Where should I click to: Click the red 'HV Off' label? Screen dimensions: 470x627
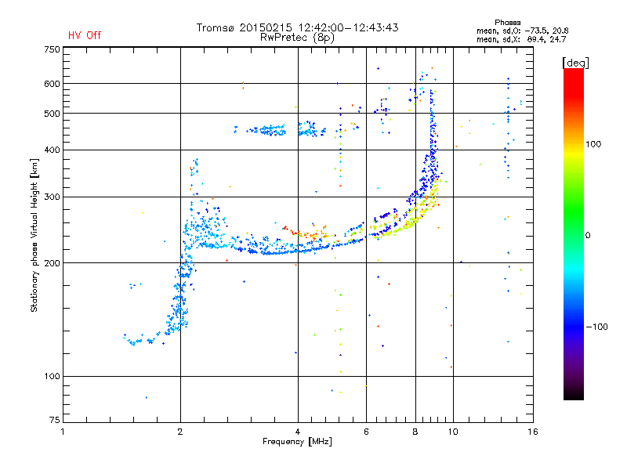pyautogui.click(x=84, y=35)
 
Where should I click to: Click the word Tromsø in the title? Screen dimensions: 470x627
pyautogui.click(x=216, y=27)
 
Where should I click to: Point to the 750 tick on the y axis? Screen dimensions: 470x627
pyautogui.click(x=52, y=49)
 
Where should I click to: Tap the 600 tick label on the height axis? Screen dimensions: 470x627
pyautogui.click(x=52, y=83)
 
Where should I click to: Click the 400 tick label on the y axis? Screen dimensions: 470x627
pyautogui.click(x=52, y=150)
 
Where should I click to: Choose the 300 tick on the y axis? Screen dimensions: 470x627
pyautogui.click(x=52, y=197)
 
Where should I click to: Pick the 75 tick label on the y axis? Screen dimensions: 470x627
pyautogui.click(x=54, y=423)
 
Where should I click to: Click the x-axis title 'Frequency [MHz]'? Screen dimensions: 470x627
pyautogui.click(x=298, y=443)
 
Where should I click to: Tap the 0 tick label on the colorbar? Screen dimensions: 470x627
pyautogui.click(x=589, y=235)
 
